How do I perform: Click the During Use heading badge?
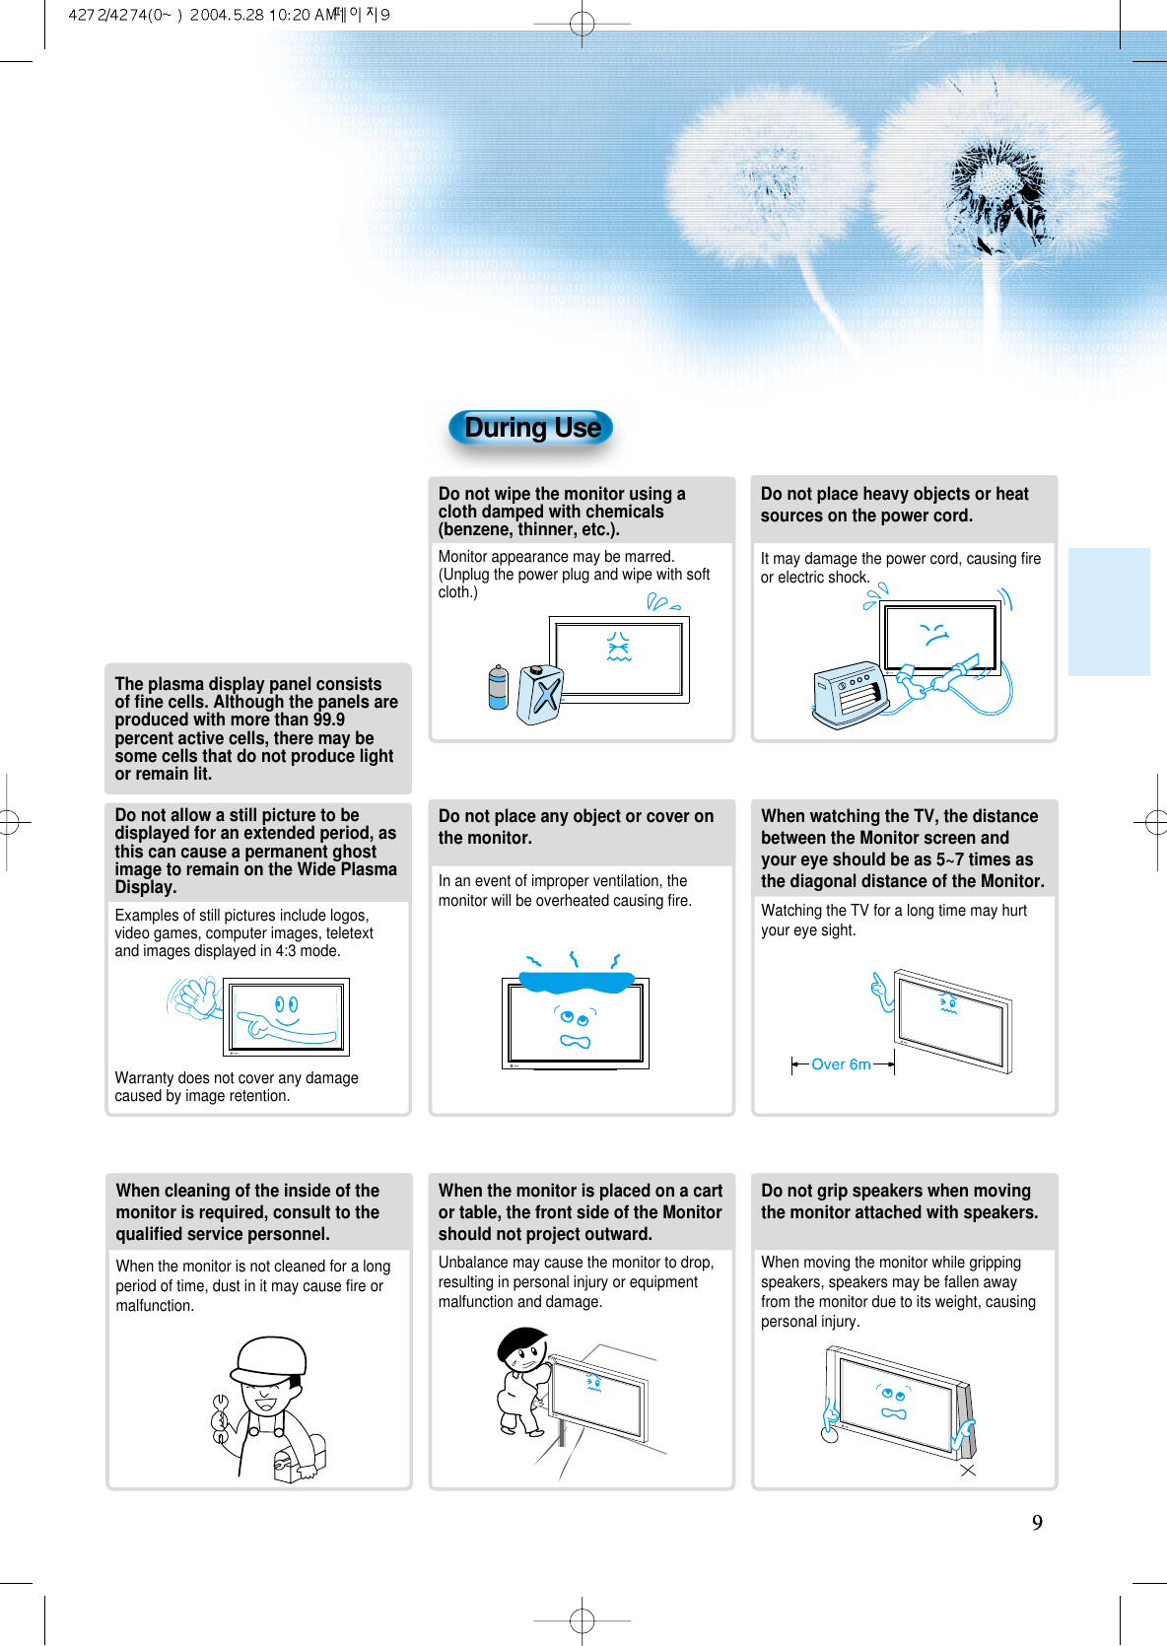[x=531, y=428]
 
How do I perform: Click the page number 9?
[x=1037, y=1523]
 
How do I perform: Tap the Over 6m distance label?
[x=841, y=1064]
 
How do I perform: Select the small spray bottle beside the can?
[x=499, y=688]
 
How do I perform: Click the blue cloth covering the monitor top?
[x=576, y=981]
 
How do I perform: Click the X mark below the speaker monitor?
[x=968, y=1470]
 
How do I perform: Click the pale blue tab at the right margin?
[x=1109, y=611]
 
